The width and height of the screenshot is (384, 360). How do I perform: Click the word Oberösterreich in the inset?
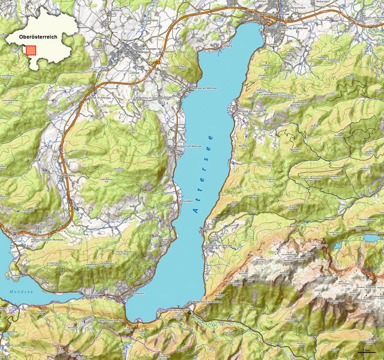(38, 37)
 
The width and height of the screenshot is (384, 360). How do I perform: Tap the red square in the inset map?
(31, 50)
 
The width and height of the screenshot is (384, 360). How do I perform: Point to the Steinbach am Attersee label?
(215, 245)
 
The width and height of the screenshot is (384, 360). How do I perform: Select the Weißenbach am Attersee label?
(210, 302)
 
